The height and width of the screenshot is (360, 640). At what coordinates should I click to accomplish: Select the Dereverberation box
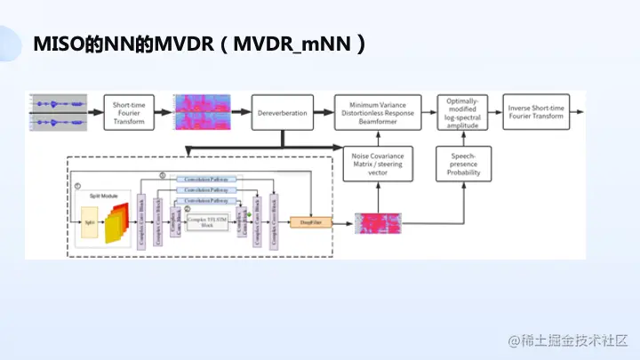(282, 113)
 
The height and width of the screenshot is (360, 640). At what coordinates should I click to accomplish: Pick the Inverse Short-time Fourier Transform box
(536, 113)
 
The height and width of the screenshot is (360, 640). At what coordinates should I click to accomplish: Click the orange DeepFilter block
(309, 222)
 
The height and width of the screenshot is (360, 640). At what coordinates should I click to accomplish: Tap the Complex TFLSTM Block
(207, 223)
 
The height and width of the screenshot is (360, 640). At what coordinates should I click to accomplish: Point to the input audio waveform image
(58, 112)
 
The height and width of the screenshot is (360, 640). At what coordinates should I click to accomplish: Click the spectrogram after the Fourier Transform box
(205, 112)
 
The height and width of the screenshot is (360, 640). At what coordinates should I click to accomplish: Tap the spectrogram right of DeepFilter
(380, 224)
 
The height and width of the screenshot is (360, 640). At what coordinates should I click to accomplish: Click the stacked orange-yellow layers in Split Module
(116, 221)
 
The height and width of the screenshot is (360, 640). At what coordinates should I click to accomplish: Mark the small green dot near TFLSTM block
(251, 215)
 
